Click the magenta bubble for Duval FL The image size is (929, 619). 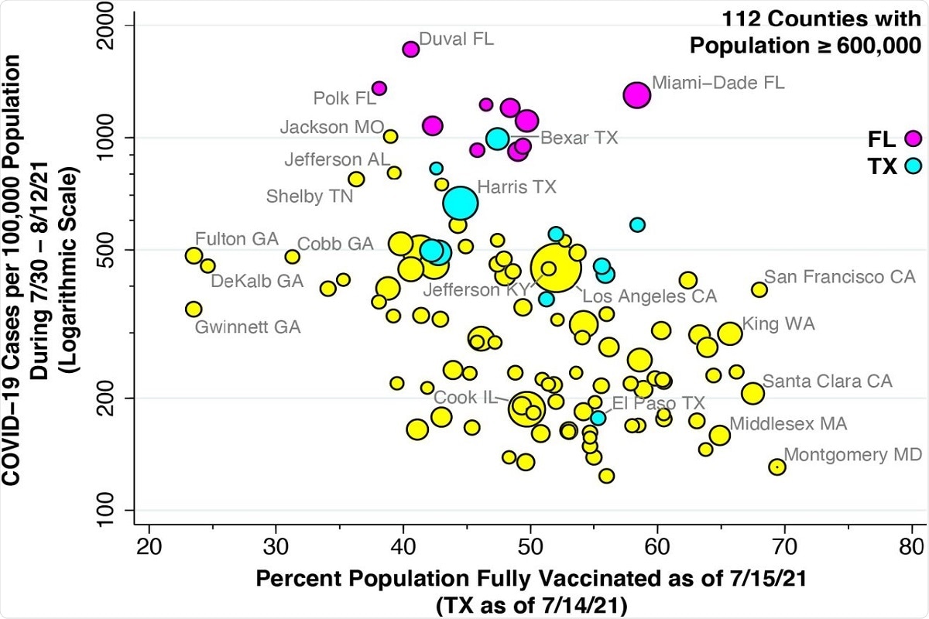[411, 49]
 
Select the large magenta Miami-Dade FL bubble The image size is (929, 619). [637, 94]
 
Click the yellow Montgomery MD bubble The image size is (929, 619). [777, 467]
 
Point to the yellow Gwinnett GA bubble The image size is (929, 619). [194, 309]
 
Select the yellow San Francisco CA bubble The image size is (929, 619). [759, 289]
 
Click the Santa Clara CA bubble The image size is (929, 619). [752, 392]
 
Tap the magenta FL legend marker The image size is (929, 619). [914, 139]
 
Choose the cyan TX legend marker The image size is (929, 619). [914, 165]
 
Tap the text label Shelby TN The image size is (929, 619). [310, 197]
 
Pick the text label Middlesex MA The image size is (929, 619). [788, 424]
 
